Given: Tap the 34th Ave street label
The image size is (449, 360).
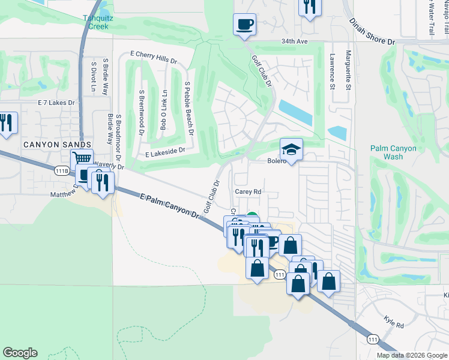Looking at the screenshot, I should [294, 42].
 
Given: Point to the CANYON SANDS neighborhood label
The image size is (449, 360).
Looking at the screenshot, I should [58, 145].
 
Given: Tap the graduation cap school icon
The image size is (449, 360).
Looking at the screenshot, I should [291, 148].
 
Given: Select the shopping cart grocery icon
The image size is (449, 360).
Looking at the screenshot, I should [82, 158].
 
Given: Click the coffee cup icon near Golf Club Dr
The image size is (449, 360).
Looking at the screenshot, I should [244, 24].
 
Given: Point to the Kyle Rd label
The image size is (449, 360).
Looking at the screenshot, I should [394, 324].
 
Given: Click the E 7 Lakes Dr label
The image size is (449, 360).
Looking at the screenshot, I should [56, 103].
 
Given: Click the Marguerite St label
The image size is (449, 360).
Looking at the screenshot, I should [348, 71].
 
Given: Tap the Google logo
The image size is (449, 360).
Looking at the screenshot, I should [20, 353].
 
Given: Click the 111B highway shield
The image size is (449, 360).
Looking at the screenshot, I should [61, 171].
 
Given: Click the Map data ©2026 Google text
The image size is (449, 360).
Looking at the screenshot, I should [412, 355].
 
